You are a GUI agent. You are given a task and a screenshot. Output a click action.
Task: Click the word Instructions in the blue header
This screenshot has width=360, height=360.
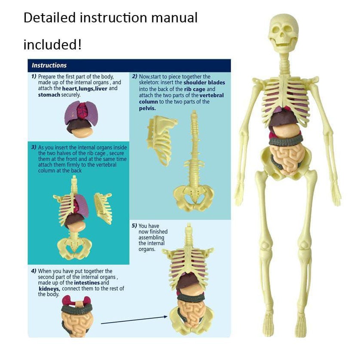pyautogui.click(x=49, y=65)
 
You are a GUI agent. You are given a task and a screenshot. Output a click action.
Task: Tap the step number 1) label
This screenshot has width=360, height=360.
pyautogui.click(x=34, y=77)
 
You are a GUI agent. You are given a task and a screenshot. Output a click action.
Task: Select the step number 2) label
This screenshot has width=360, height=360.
pyautogui.click(x=135, y=77)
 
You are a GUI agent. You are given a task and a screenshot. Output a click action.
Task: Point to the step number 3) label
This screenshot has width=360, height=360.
pyautogui.click(x=34, y=147)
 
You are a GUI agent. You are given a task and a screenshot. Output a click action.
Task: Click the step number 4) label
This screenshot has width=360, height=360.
pyautogui.click(x=34, y=271)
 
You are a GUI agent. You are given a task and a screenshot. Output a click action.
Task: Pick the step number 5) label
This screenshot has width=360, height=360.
pyautogui.click(x=134, y=226)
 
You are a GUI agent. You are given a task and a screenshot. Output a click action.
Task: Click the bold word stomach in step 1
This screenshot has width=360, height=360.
pyautogui.click(x=49, y=95)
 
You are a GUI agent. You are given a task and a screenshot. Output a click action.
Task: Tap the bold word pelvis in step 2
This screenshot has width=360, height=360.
pyautogui.click(x=148, y=108)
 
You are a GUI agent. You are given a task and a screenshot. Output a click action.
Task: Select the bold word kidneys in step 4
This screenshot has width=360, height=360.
pyautogui.click(x=49, y=289)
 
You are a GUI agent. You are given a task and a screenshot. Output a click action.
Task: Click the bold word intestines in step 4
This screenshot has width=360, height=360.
pyautogui.click(x=87, y=283)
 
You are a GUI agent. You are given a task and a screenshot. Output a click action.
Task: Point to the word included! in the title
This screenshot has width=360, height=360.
pyautogui.click(x=52, y=45)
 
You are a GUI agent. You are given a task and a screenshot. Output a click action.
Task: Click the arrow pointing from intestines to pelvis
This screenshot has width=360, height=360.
pyautogui.click(x=134, y=320)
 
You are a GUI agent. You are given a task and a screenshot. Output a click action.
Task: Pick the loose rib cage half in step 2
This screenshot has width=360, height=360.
pyautogui.click(x=161, y=140)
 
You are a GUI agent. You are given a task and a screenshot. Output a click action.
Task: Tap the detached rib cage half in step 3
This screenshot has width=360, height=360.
pyautogui.click(x=103, y=208)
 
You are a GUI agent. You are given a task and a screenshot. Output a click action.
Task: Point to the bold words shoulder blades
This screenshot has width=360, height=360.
pyautogui.click(x=204, y=83)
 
